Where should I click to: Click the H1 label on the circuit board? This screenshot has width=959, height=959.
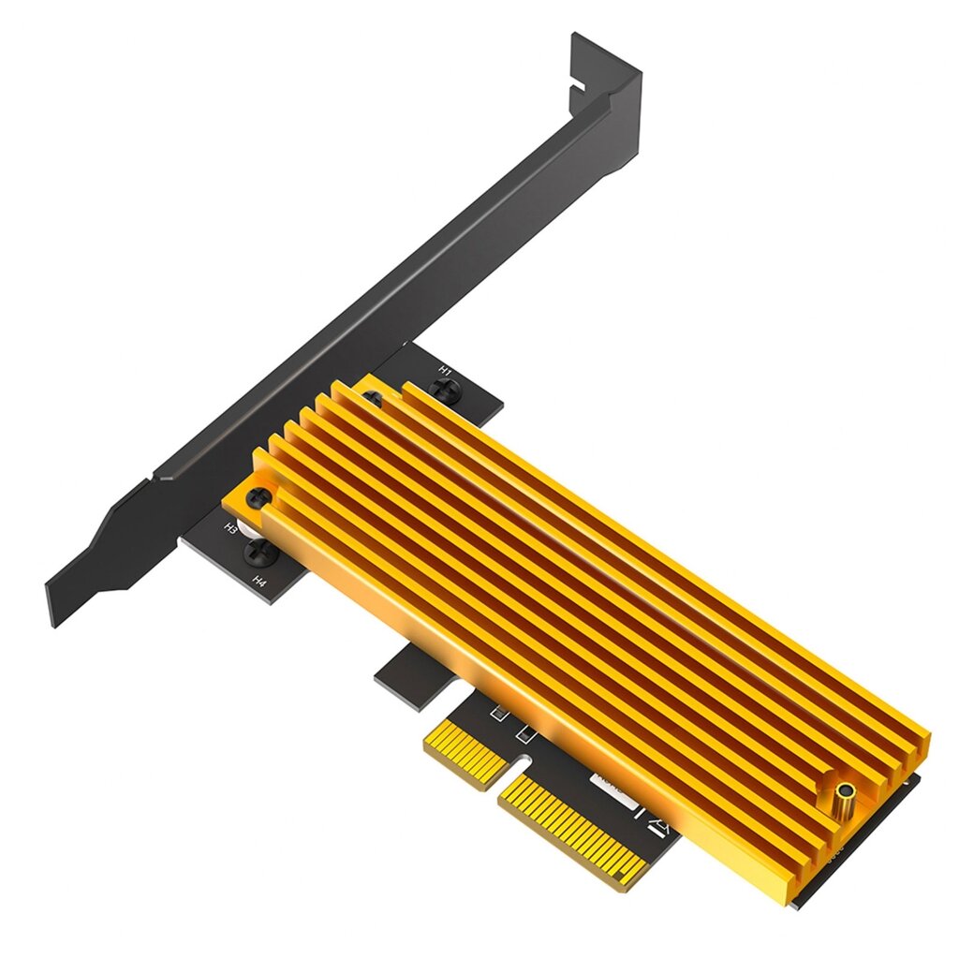(x=446, y=372)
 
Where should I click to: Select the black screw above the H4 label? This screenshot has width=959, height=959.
(x=257, y=553)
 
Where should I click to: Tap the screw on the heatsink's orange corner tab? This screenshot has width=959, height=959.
(x=258, y=498)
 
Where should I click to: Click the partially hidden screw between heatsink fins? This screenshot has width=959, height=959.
(x=373, y=401)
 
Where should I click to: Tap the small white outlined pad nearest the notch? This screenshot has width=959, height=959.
(x=526, y=730)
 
